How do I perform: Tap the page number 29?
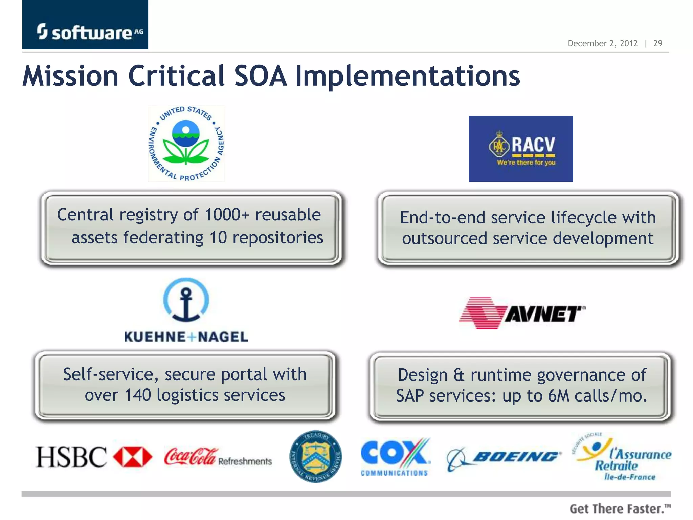[x=657, y=43]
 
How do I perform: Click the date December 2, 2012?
[x=602, y=43]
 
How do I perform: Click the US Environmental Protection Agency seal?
[x=186, y=144]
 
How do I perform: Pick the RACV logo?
[x=520, y=149]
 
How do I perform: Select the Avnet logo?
[x=522, y=313]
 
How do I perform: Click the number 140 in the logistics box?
[x=137, y=395]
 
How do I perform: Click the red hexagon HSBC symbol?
[x=132, y=457]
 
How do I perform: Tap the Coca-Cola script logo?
[x=190, y=457]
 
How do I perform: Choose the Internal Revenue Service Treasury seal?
[x=315, y=457]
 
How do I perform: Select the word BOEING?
[x=516, y=457]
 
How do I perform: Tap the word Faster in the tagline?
[x=643, y=509]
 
